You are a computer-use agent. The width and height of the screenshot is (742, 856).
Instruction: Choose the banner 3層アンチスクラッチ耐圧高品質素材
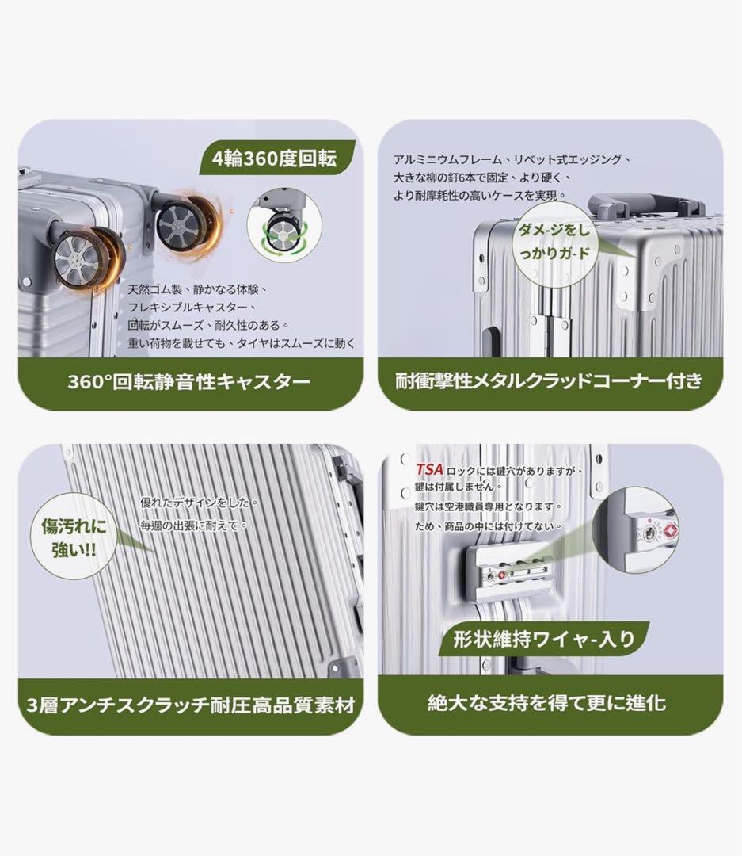[x=190, y=705]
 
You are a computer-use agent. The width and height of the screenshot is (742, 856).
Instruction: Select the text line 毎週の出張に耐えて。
[x=194, y=525]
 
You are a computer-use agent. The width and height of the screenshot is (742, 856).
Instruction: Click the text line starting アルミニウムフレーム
[x=512, y=159]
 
